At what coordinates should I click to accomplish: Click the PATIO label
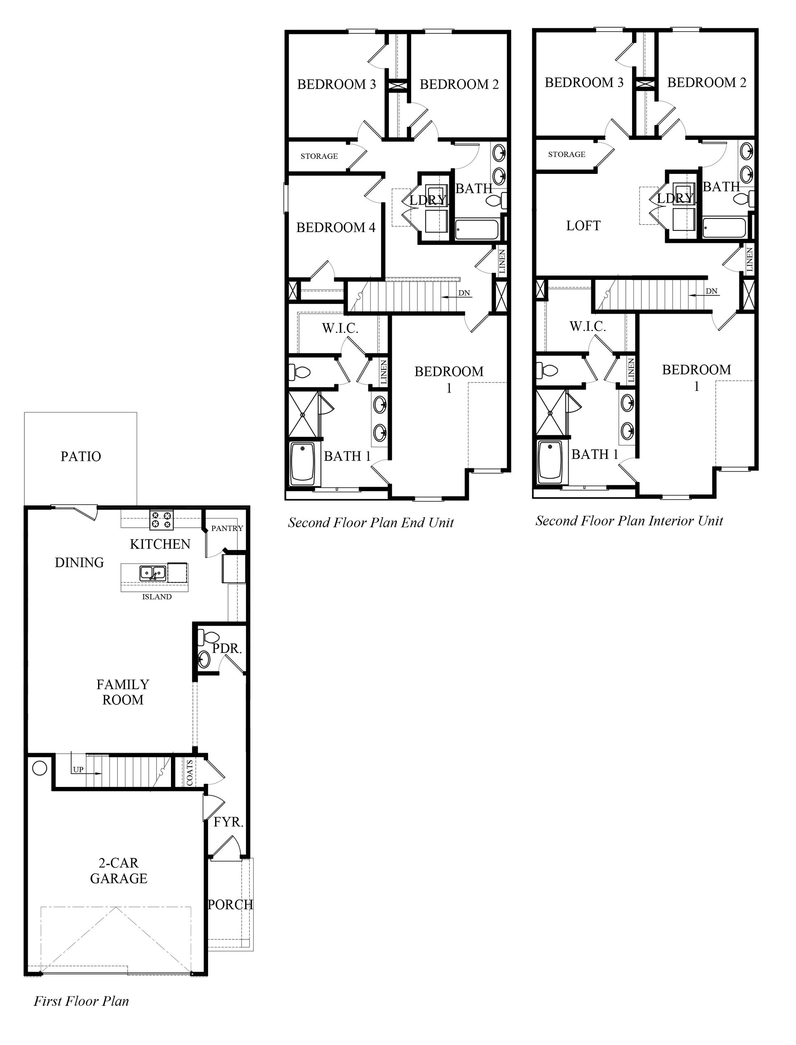(81, 456)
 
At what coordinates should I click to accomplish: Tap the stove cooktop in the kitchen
(162, 520)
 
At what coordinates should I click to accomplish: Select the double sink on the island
(152, 573)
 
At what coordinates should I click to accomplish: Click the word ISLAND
(157, 596)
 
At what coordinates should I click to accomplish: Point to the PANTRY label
(227, 528)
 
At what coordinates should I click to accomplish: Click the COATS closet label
(190, 773)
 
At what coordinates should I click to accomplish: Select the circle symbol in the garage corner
(39, 767)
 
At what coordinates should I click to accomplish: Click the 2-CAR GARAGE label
(119, 871)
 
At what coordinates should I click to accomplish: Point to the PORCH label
(230, 904)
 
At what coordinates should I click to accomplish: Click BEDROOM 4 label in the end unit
(335, 228)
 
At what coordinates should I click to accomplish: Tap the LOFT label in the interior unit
(583, 225)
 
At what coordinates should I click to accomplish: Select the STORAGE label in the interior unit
(567, 155)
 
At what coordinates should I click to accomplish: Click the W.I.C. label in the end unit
(340, 328)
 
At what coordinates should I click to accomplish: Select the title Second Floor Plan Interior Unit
(629, 521)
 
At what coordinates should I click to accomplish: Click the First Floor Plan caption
(81, 1001)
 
